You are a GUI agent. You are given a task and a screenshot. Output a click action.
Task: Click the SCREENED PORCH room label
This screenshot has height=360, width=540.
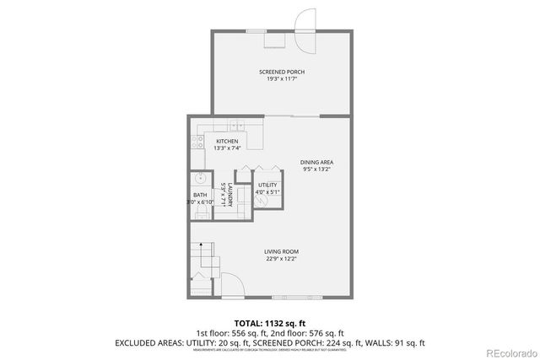[x=281, y=73]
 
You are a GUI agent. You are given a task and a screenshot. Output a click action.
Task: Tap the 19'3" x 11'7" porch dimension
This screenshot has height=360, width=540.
[x=281, y=80]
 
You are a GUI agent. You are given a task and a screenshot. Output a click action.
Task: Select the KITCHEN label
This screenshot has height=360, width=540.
[x=227, y=141]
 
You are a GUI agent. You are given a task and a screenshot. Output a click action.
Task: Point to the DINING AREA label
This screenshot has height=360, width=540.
[x=317, y=161]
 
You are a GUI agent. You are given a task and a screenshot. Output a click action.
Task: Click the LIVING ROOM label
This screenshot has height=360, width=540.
[x=281, y=251]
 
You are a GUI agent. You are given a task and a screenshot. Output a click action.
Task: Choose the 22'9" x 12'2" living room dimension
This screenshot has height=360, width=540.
[x=281, y=259]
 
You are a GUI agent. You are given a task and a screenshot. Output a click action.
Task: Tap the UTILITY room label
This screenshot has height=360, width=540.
[x=267, y=185]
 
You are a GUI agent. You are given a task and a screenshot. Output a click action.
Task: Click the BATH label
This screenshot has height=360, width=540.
[x=201, y=196]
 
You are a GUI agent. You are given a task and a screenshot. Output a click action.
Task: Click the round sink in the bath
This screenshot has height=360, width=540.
[x=202, y=179]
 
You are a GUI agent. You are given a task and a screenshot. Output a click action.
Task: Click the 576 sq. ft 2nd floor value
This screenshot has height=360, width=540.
[x=322, y=333]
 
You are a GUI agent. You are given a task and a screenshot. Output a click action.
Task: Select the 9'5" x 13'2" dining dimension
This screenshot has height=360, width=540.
[x=317, y=169]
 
